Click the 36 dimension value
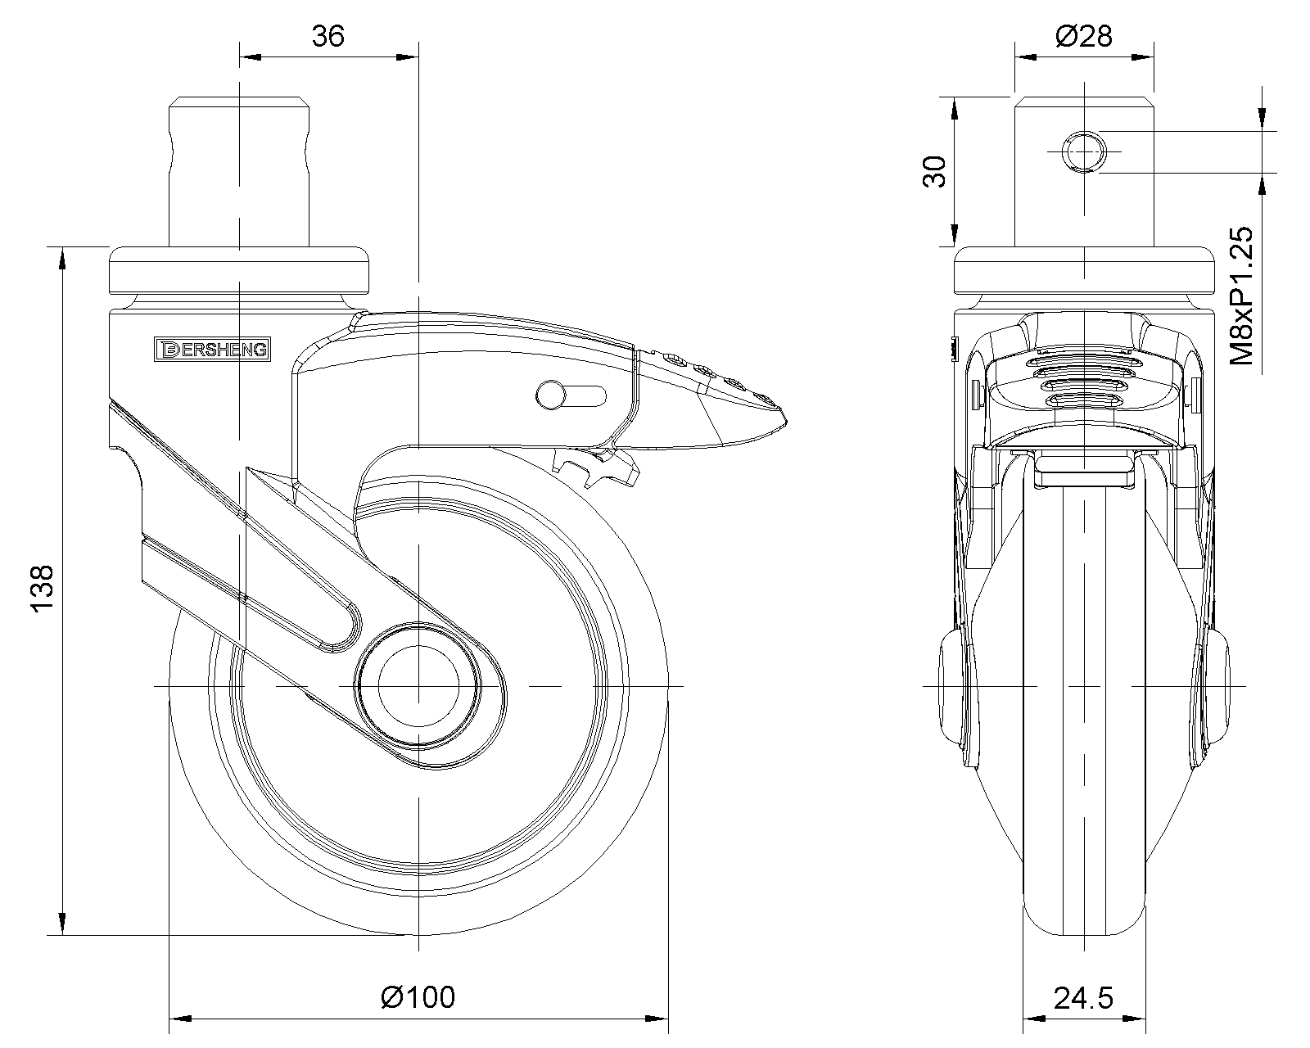click(x=328, y=36)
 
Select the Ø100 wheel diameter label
click(x=418, y=997)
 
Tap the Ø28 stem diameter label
click(x=1084, y=36)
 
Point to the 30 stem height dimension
click(x=935, y=172)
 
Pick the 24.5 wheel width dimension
click(x=1083, y=999)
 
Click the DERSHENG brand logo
click(x=212, y=349)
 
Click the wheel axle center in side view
click(x=418, y=684)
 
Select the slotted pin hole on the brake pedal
click(x=571, y=395)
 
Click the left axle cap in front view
click(x=952, y=684)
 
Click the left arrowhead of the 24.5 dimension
click(x=1033, y=1019)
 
